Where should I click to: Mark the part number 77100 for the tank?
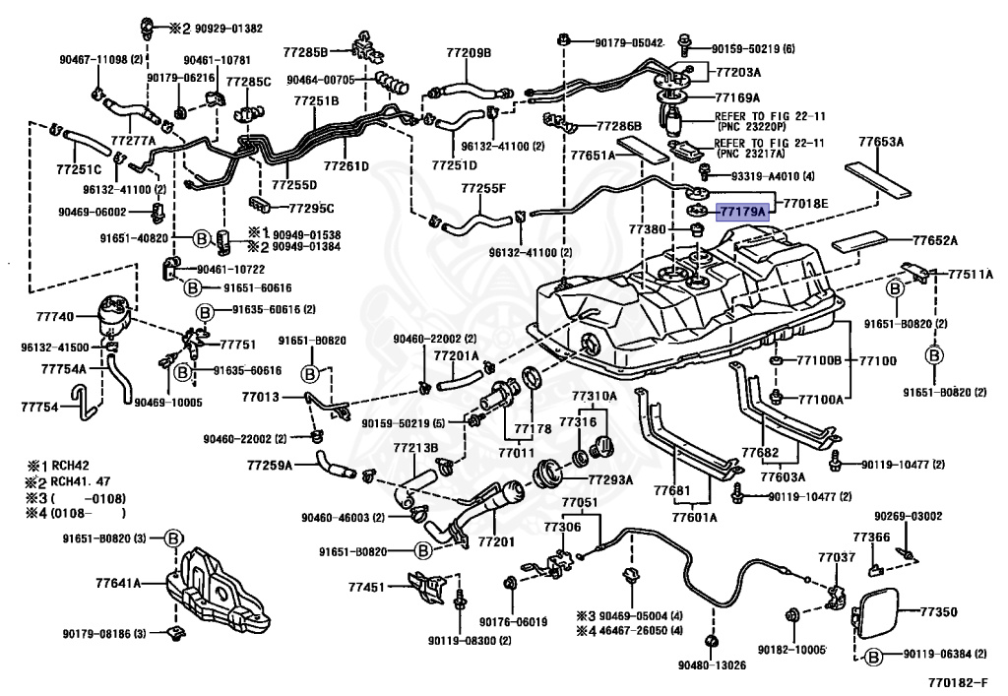pos(877,361)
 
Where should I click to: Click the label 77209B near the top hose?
pos(469,51)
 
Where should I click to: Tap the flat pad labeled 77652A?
pos(934,239)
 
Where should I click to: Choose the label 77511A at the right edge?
pos(971,275)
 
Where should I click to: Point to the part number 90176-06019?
pos(513,621)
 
